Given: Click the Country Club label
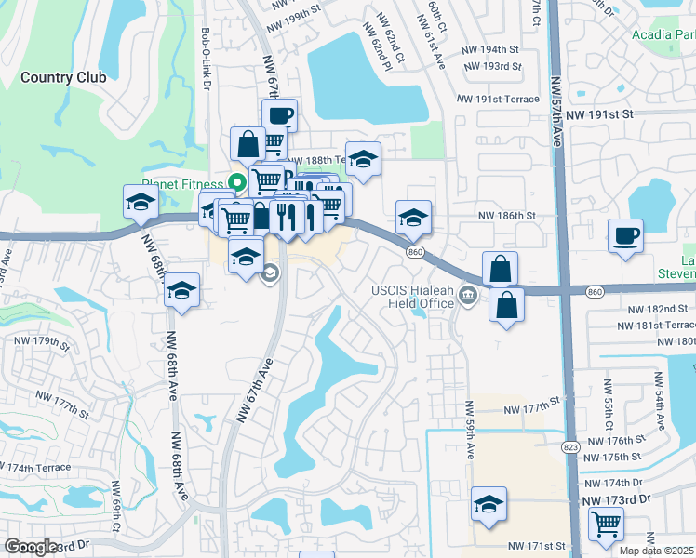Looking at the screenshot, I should pos(63,77).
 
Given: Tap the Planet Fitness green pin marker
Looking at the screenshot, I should pos(237,182).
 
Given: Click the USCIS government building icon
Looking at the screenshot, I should pos(468,297).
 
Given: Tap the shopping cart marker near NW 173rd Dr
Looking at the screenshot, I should pos(606,524).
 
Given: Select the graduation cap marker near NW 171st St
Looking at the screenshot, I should pos(489,503).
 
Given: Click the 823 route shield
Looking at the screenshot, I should pos(569,447).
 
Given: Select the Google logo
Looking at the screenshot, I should pos(31,546).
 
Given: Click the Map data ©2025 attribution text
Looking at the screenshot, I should pos(657,551).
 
